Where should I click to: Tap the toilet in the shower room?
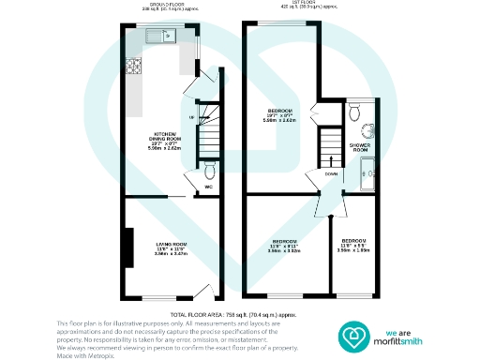(x=353, y=112)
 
